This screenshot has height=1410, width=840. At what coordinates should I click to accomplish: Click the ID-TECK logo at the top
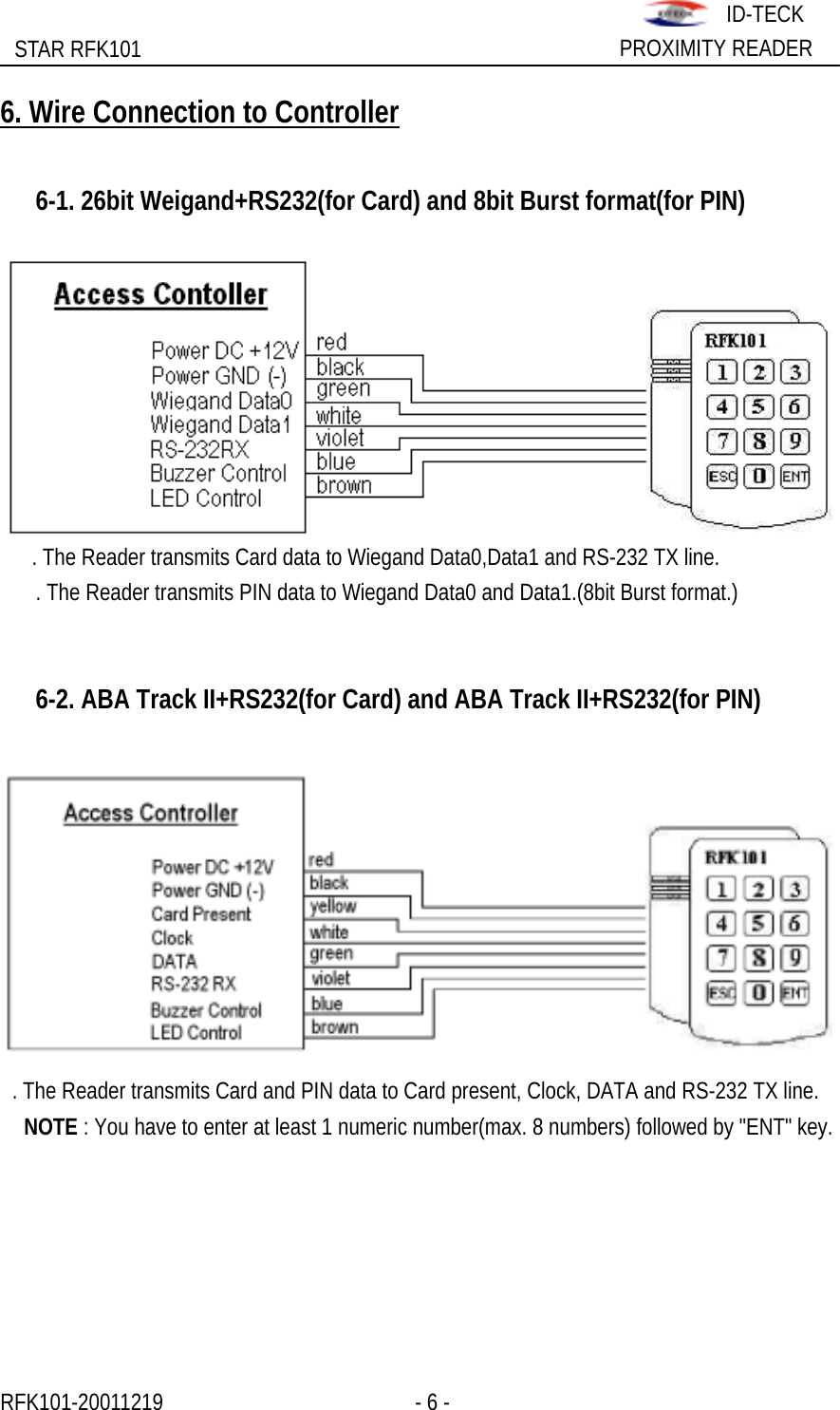[x=675, y=14]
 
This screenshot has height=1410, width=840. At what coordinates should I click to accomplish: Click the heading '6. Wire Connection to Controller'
[x=199, y=113]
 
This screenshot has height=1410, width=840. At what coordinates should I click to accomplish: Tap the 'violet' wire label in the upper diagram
[x=340, y=438]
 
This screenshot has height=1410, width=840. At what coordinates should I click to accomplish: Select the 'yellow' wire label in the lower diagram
[x=332, y=907]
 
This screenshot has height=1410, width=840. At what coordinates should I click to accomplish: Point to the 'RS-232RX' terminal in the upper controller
[x=199, y=449]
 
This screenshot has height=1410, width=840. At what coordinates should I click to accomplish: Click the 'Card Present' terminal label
[x=201, y=914]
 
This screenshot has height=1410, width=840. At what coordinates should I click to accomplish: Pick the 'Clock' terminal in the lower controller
[x=172, y=938]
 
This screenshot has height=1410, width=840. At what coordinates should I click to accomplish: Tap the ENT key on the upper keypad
[x=794, y=476]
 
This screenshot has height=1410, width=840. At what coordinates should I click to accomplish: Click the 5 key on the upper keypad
[x=758, y=407]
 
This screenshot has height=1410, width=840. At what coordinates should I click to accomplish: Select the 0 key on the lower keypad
[x=758, y=993]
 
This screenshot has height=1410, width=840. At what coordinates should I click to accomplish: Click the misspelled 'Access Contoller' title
[x=160, y=294]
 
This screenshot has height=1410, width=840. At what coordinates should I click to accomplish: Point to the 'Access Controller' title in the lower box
[x=151, y=814]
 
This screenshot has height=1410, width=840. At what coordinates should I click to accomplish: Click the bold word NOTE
[x=50, y=1128]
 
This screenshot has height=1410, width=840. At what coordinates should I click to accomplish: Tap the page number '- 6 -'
[x=432, y=1402]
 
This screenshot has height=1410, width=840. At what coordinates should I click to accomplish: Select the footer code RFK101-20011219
[x=82, y=1402]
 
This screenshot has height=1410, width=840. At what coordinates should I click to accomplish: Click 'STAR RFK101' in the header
[x=78, y=49]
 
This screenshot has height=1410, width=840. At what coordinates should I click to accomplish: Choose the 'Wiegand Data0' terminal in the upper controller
[x=221, y=401]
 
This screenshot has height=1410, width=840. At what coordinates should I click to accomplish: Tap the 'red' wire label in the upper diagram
[x=331, y=342]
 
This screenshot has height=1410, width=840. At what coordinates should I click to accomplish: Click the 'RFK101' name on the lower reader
[x=736, y=857]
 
